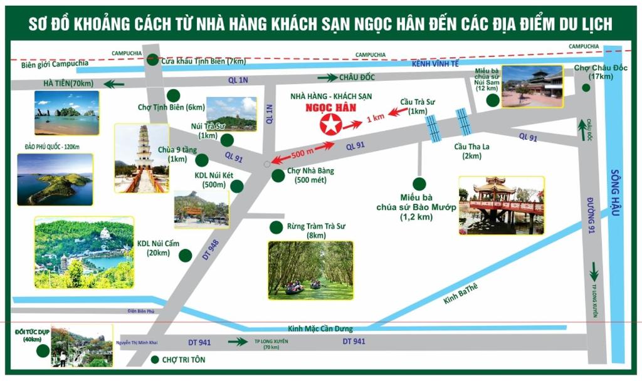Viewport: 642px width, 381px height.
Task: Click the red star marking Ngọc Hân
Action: pos(328,126)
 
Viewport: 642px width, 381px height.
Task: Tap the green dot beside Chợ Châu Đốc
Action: pos(586,88)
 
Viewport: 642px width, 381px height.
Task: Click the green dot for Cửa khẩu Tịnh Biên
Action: pos(152,60)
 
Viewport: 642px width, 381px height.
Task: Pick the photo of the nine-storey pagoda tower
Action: pos(142,158)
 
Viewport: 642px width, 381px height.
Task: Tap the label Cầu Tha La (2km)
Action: pos(472,151)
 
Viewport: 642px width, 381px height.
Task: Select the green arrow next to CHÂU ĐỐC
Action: pos(327,78)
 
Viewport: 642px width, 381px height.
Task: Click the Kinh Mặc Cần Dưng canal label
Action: pos(320,329)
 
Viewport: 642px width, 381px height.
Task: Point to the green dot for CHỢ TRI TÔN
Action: pos(155,360)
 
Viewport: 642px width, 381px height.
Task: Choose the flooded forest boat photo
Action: pos(310,269)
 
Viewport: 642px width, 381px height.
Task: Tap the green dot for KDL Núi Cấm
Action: pos(185,255)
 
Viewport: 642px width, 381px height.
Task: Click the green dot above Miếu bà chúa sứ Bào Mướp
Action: pos(419,184)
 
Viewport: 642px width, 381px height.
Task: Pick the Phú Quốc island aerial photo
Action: pos(55,179)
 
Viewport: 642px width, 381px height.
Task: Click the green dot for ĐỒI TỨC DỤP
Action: pos(42,350)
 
